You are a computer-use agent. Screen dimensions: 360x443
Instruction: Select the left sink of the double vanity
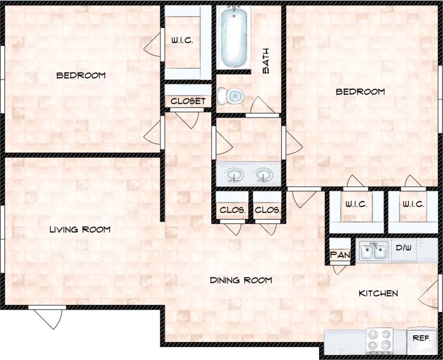point(234,175)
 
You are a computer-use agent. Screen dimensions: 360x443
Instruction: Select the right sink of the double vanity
point(263,175)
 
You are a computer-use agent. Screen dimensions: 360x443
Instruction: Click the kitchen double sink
point(373,250)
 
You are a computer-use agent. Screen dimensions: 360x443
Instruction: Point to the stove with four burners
point(378,340)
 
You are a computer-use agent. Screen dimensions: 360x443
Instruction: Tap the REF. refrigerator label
point(421,338)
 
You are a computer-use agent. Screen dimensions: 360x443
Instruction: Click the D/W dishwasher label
point(403,246)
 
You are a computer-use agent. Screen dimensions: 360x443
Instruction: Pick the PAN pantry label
point(339,255)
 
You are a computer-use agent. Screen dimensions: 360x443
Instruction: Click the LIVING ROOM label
point(80,229)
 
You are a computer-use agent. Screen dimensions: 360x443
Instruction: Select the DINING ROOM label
point(241,280)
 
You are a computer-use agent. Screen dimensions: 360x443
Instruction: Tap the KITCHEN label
point(378,293)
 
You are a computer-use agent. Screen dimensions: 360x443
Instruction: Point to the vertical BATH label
point(266,61)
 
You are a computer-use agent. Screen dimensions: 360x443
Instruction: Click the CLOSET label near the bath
point(188,101)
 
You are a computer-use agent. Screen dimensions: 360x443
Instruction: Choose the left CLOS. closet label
point(232,210)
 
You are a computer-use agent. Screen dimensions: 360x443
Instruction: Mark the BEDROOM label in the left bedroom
point(81,75)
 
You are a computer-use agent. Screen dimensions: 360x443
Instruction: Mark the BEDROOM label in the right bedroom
point(360,92)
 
